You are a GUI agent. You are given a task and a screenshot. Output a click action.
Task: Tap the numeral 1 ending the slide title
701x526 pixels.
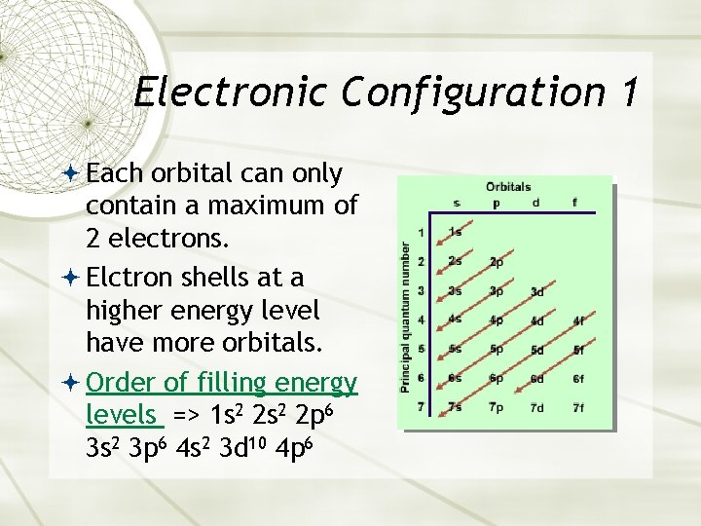pos(627,93)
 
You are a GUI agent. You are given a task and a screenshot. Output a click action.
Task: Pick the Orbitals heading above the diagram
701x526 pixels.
pos(508,187)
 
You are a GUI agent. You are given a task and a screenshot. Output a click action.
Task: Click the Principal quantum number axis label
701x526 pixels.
pos(406,318)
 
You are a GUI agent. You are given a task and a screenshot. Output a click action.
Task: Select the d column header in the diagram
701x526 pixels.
pos(536,204)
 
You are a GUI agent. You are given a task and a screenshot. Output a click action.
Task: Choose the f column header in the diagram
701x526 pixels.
pos(574,204)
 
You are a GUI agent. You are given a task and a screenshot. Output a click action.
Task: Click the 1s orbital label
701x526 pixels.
pos(456,232)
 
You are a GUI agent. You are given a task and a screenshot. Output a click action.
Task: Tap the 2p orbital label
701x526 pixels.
pos(497,262)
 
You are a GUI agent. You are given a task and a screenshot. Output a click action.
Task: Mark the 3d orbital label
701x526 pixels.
pos(537,291)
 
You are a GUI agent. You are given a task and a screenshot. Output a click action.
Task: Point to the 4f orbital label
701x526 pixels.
pos(578,319)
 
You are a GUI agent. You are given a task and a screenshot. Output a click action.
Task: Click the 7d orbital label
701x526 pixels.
pos(537,406)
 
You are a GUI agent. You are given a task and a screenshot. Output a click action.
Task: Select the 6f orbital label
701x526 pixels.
pos(578,378)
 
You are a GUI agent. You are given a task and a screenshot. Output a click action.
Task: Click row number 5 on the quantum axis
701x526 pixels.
pos(421,349)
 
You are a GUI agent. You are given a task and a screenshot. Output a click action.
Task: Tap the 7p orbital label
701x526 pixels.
pos(497,406)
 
